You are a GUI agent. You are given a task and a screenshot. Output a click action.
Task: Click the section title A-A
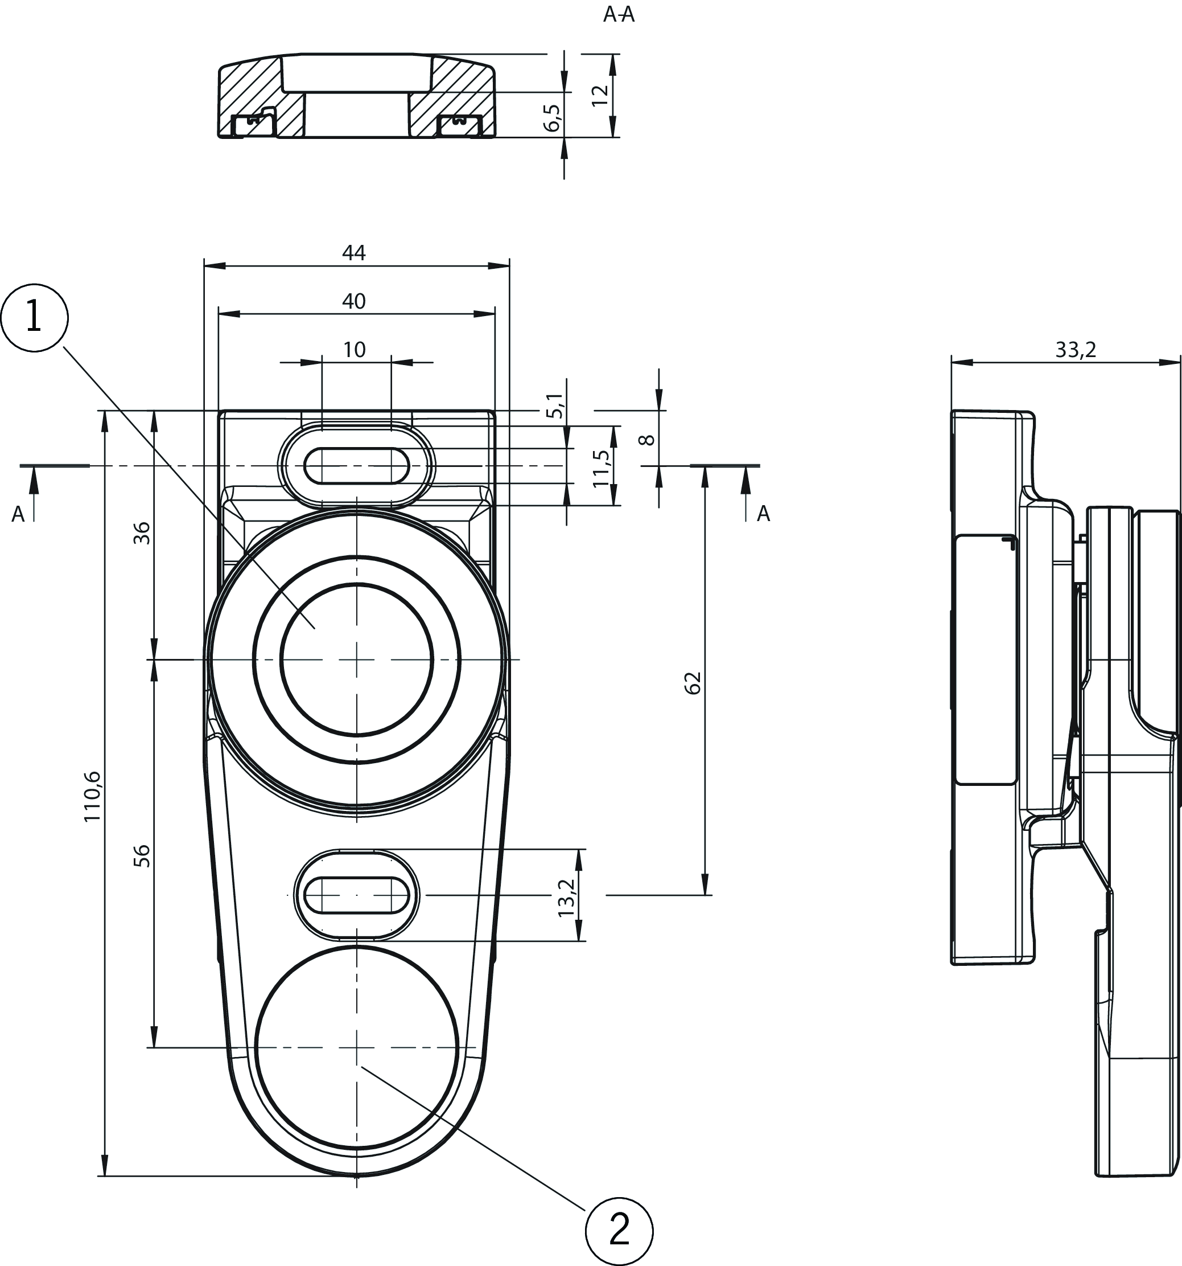[619, 15]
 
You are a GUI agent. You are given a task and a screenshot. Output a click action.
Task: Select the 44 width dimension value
[354, 253]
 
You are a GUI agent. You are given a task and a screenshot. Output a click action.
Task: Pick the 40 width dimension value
[354, 301]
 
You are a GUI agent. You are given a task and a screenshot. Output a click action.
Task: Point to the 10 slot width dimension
[355, 349]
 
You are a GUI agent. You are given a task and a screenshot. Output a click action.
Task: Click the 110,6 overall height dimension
[92, 796]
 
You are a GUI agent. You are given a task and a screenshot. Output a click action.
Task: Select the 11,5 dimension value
[601, 468]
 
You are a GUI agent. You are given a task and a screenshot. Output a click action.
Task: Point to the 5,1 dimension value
[555, 405]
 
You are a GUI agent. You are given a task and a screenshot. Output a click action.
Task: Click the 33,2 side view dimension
[1076, 349]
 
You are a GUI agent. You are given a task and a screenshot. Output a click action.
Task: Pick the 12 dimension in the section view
[600, 95]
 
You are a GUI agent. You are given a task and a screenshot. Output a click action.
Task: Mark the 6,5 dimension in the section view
[553, 118]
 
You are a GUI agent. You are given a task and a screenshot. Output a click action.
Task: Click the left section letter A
[18, 514]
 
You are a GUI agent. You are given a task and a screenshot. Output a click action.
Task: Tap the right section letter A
[763, 513]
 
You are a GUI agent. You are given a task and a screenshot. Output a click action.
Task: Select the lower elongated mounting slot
[356, 895]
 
